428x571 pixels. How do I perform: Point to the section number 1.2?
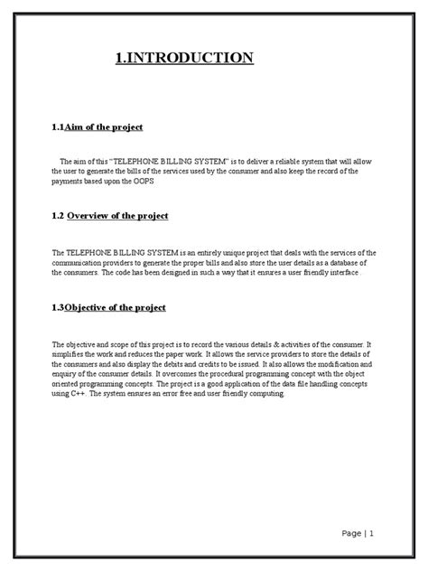point(57,216)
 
